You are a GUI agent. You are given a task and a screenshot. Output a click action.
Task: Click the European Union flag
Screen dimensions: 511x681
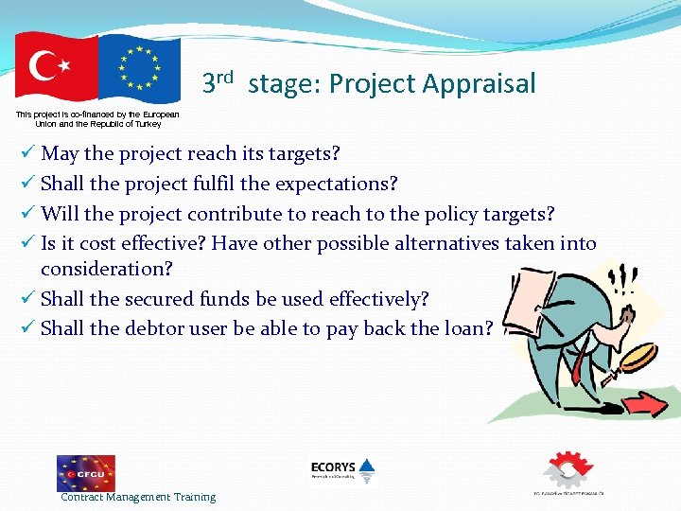(139, 68)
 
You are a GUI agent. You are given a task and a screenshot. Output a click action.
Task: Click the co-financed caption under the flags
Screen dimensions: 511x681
(97, 118)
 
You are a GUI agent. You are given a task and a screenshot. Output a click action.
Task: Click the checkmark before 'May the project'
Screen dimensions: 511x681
(28, 152)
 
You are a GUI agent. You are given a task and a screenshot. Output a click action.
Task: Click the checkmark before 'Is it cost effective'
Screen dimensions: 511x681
(28, 243)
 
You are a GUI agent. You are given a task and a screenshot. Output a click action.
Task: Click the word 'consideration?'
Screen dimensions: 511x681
(107, 269)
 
